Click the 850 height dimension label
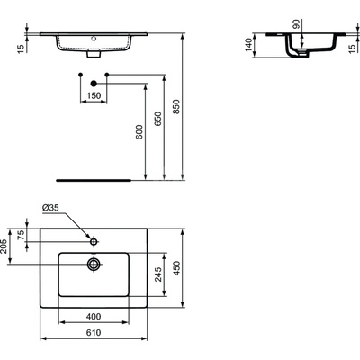(175, 106)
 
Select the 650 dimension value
(157, 119)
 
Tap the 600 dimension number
(139, 132)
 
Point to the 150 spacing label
(94, 95)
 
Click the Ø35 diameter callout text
(50, 208)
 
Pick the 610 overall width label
(94, 332)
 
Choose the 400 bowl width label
(94, 316)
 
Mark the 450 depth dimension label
(176, 268)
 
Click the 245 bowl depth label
(157, 274)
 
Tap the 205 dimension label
(4, 247)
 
